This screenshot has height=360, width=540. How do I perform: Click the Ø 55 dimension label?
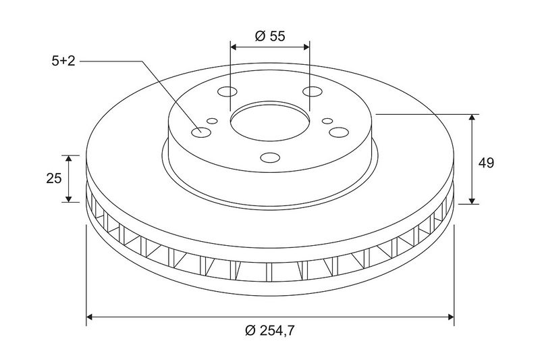[x=270, y=36]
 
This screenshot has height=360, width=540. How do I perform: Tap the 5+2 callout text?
[x=63, y=61]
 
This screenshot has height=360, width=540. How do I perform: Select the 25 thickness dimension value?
[x=54, y=178]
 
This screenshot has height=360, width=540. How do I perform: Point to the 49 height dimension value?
[x=486, y=163]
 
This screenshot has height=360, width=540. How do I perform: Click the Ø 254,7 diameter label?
[x=270, y=331]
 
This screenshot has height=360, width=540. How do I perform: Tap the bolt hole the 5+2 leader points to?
[x=201, y=132]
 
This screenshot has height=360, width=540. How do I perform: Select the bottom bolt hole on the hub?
[x=270, y=157]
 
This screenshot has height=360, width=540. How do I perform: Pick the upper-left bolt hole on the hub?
[x=227, y=92]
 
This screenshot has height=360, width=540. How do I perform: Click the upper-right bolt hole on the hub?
[x=313, y=92]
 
